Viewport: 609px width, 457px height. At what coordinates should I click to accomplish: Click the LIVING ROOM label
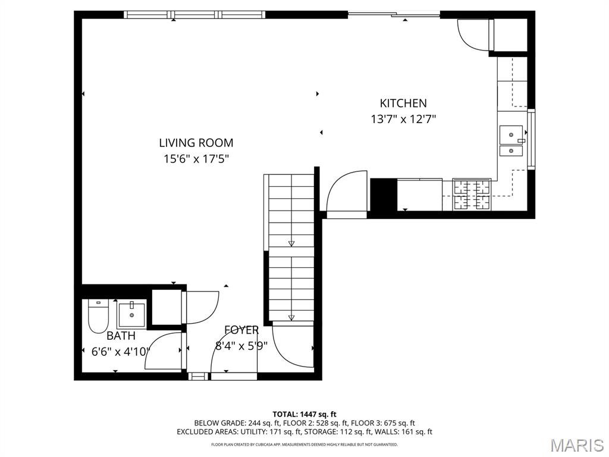pos(196,143)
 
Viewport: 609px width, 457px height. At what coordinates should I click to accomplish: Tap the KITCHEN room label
pos(403,103)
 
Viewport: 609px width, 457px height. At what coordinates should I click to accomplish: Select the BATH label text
pos(121,336)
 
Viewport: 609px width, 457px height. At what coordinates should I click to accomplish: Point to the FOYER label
pos(241,330)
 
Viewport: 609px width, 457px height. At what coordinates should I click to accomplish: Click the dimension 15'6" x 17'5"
pos(196,159)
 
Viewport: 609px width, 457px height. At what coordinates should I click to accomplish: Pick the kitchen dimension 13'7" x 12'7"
pos(403,119)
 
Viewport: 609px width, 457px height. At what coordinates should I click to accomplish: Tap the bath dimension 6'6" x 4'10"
pos(121,352)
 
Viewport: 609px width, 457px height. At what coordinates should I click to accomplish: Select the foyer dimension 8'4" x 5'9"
pos(241,346)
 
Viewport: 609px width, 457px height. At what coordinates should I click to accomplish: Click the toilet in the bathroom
pos(97,316)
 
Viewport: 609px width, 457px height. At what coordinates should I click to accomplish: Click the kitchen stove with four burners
pos(473,195)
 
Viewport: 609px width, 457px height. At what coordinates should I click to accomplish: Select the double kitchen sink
pos(511,141)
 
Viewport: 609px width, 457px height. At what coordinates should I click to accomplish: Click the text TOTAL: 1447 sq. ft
pos(304,414)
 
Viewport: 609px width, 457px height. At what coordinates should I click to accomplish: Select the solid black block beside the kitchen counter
pos(384,195)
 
